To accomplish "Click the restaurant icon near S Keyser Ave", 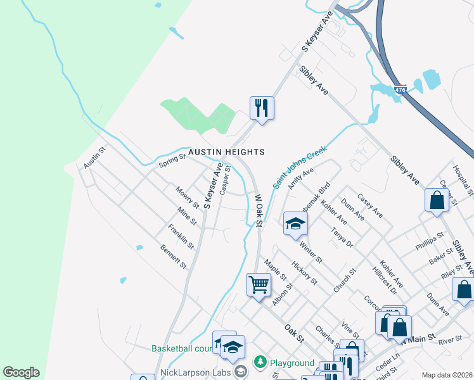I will tap(262, 108).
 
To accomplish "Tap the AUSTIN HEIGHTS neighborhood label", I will tap(226, 152).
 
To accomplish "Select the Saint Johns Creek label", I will tap(299, 167).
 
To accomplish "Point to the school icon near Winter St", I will tap(295, 224).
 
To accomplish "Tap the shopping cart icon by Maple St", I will tap(259, 285).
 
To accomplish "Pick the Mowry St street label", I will tap(188, 197).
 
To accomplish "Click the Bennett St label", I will tap(173, 256).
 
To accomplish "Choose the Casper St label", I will tap(225, 180).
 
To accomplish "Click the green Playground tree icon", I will tap(260, 362).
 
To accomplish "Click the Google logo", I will tap(21, 372).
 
